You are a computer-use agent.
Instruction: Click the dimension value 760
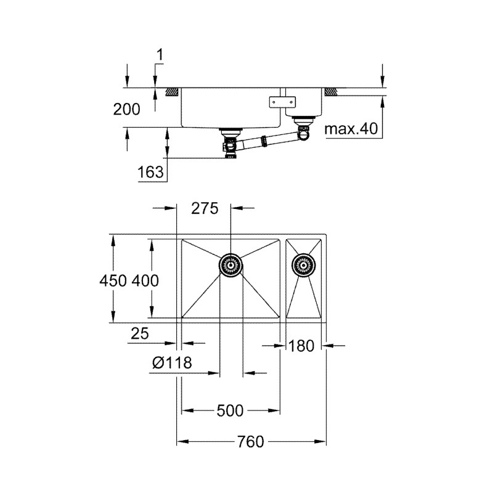click(x=251, y=442)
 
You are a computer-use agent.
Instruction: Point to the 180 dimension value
click(x=301, y=346)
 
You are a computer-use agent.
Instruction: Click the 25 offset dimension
click(x=140, y=333)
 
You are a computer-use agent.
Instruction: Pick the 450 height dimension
click(x=113, y=280)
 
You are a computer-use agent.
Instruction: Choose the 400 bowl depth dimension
click(x=145, y=280)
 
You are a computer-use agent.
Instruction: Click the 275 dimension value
click(x=205, y=209)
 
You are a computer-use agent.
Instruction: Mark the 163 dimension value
click(x=152, y=172)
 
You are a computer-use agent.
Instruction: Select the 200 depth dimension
click(x=126, y=110)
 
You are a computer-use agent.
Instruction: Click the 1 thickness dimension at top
click(x=159, y=56)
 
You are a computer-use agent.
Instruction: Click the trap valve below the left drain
click(x=230, y=148)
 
